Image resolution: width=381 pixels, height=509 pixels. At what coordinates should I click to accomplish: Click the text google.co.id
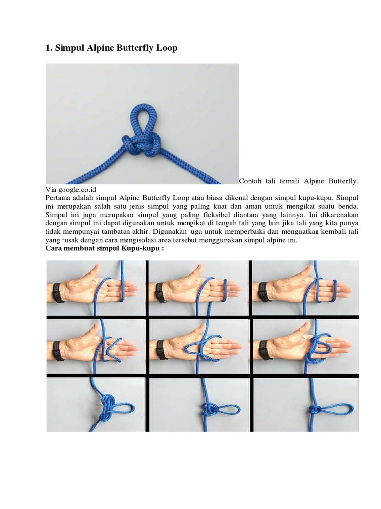[77, 189]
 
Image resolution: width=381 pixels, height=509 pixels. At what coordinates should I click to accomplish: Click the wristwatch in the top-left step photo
[58, 293]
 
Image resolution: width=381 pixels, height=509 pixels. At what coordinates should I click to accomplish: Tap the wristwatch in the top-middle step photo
[160, 293]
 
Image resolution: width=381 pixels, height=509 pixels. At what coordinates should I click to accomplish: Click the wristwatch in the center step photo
[161, 350]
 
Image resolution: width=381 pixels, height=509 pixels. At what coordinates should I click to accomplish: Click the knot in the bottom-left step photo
[108, 408]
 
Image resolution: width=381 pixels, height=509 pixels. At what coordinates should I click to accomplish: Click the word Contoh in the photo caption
[250, 181]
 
